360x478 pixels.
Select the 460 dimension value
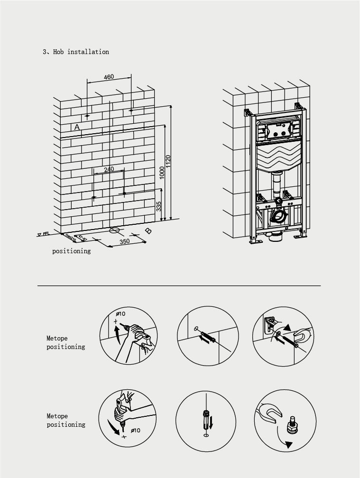click(109, 77)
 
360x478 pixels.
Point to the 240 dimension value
click(109, 169)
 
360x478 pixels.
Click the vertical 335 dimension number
click(159, 206)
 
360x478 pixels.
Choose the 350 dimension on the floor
click(124, 241)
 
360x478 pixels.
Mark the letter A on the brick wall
click(77, 127)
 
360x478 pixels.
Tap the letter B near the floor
click(148, 231)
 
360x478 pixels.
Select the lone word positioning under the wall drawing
click(71, 251)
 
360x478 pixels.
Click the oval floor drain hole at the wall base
click(114, 231)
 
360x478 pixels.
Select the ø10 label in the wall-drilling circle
click(120, 314)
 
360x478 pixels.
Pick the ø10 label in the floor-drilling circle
click(135, 430)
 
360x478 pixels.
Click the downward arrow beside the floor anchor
click(211, 420)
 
